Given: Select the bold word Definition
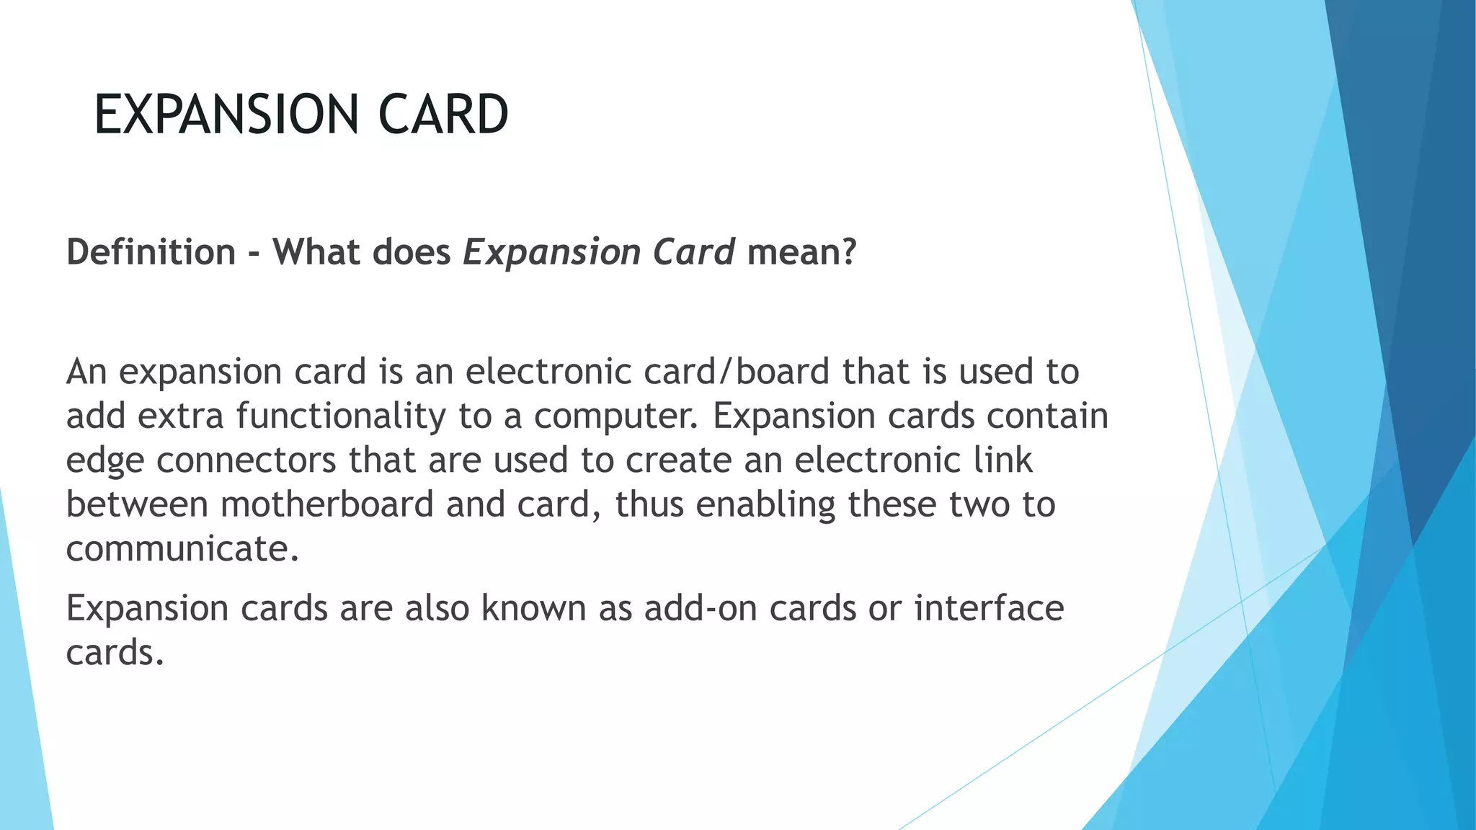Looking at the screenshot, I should [x=151, y=252].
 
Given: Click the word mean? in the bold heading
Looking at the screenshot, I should [x=801, y=252].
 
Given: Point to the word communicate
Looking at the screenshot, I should [x=182, y=549].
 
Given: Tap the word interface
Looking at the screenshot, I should [x=989, y=608].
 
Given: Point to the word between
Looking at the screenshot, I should [x=137, y=504].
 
